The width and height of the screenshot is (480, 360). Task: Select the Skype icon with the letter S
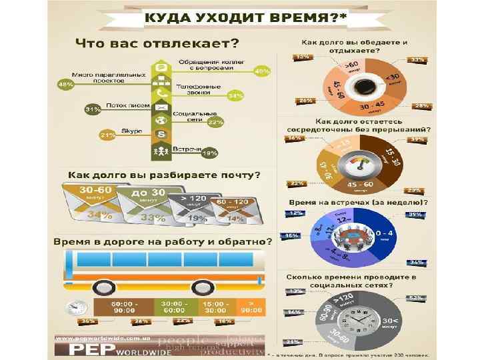(160, 135)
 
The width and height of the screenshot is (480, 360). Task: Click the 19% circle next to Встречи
(210, 153)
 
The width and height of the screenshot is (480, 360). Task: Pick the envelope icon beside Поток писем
(160, 107)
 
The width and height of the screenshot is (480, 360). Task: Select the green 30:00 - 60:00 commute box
(174, 307)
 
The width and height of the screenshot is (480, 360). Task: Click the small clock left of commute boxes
(75, 308)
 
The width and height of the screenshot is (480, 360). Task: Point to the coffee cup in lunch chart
(364, 87)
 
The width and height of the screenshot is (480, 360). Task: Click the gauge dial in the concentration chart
(364, 164)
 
